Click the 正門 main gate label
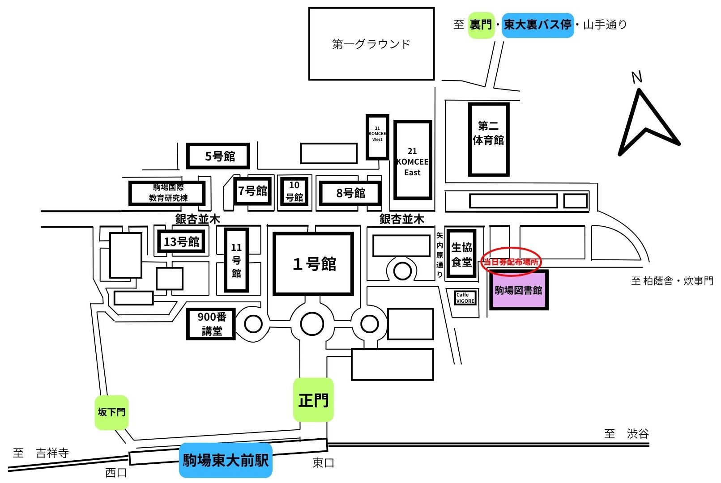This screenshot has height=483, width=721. (313, 400)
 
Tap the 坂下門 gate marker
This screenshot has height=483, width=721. (111, 412)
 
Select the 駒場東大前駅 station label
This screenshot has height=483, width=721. (226, 460)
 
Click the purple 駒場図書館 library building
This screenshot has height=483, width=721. (518, 290)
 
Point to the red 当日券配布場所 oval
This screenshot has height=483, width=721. (511, 261)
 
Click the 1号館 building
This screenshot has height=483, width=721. (314, 264)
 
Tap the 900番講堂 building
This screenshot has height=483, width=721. (211, 324)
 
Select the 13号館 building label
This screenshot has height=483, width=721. (181, 241)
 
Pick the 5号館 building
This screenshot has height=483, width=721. (218, 156)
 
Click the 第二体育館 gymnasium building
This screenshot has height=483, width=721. (488, 140)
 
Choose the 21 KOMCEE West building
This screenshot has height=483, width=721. (377, 137)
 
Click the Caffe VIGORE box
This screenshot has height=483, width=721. (465, 298)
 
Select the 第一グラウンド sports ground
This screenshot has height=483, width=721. (371, 44)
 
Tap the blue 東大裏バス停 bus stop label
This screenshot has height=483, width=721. (538, 25)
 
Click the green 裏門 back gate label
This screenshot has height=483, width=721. (481, 25)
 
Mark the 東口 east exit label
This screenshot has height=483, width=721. (323, 463)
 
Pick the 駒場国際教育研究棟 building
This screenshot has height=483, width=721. (167, 193)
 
